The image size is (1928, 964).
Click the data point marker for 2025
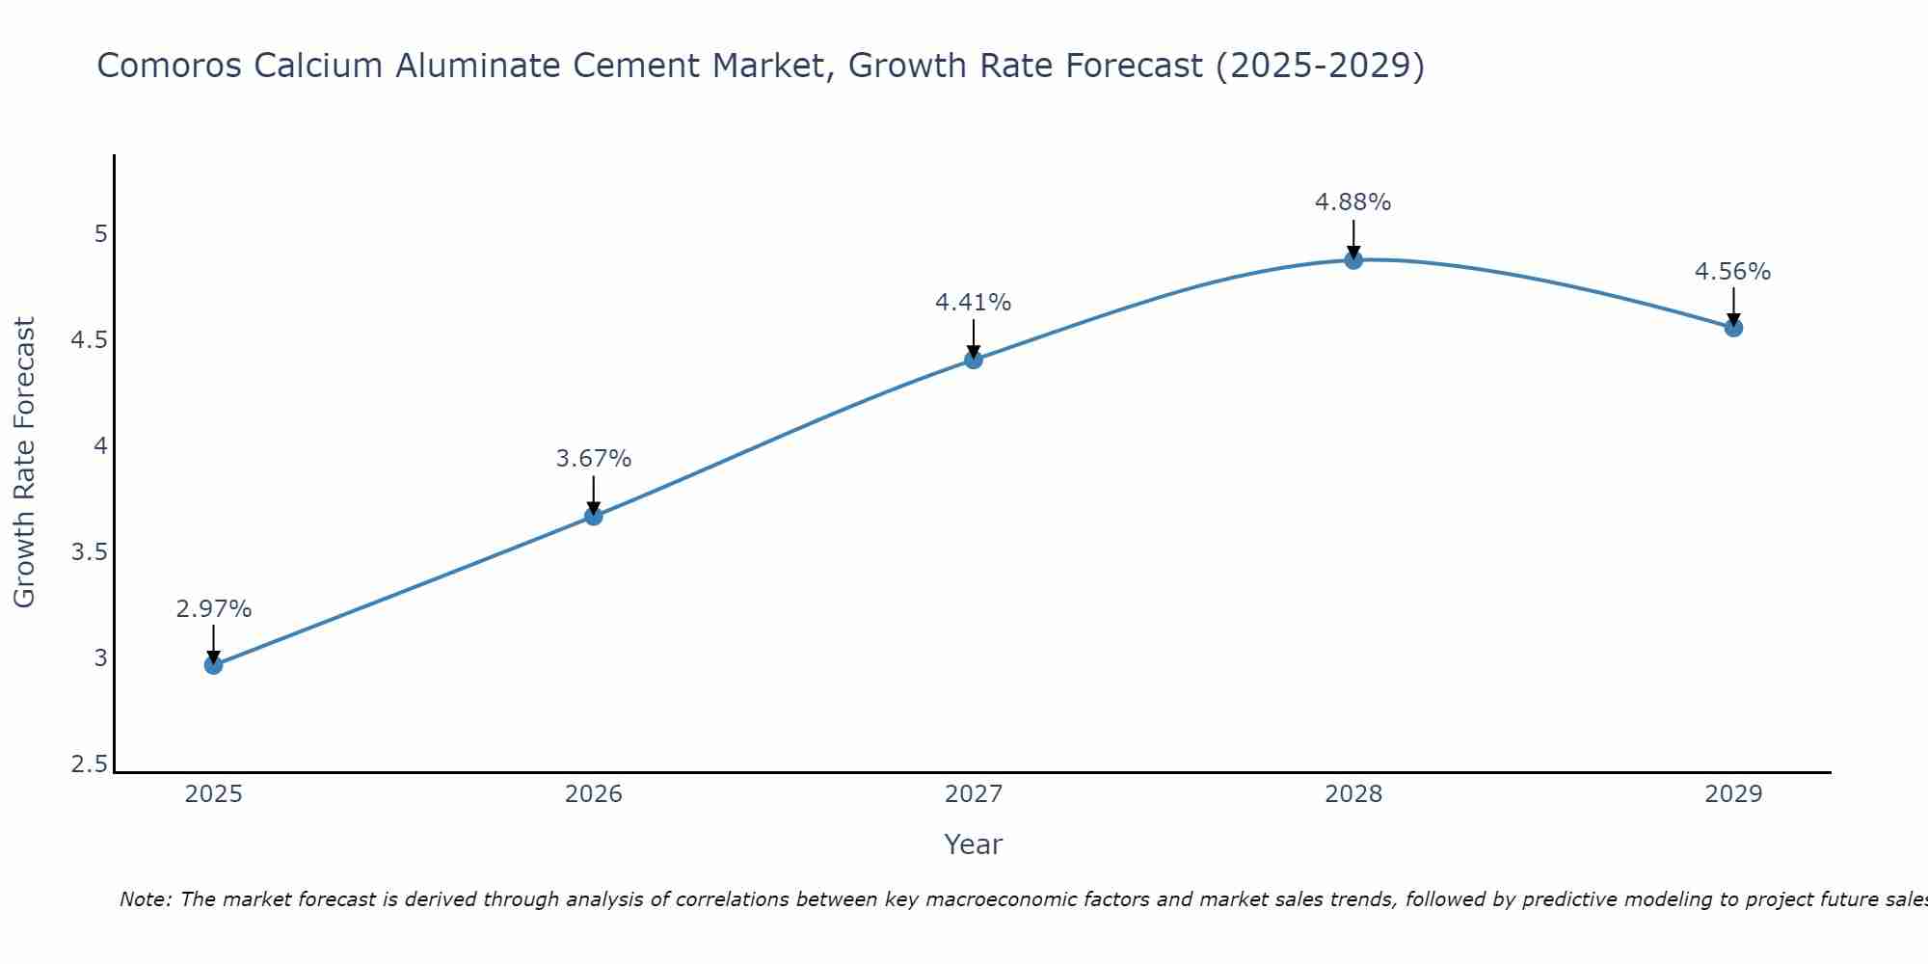pyautogui.click(x=214, y=665)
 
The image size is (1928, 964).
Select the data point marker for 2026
pyautogui.click(x=594, y=517)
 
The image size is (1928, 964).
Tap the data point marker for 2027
pyautogui.click(x=974, y=360)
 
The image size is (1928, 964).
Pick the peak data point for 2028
pyautogui.click(x=1353, y=259)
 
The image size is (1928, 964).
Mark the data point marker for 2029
pyautogui.click(x=1733, y=328)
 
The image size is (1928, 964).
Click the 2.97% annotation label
pyautogui.click(x=214, y=609)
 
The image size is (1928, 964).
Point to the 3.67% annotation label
pyautogui.click(x=594, y=459)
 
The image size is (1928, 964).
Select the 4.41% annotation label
pyautogui.click(x=974, y=303)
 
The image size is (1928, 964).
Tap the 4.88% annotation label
pyautogui.click(x=1353, y=202)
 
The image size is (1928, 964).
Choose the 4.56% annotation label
pyautogui.click(x=1733, y=272)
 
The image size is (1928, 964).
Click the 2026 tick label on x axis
pyautogui.click(x=594, y=794)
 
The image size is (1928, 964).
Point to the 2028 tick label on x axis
pyautogui.click(x=1353, y=794)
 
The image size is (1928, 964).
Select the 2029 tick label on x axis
pyautogui.click(x=1733, y=794)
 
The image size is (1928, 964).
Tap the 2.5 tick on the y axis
pyautogui.click(x=89, y=765)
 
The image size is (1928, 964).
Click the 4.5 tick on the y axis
pyautogui.click(x=89, y=340)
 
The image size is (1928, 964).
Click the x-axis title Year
pyautogui.click(x=974, y=844)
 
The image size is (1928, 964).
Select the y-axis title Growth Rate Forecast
pyautogui.click(x=25, y=463)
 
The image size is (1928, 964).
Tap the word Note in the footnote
pyautogui.click(x=145, y=900)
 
